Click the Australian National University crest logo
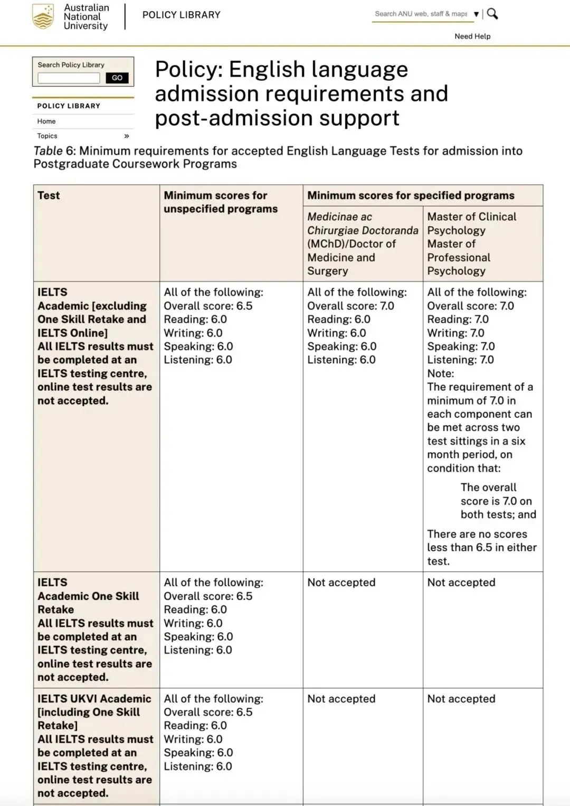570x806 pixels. (43, 16)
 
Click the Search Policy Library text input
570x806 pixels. (69, 78)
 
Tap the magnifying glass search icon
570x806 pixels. (492, 14)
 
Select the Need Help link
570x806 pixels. (472, 36)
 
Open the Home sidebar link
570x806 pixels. (46, 121)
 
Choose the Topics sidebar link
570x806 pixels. (47, 136)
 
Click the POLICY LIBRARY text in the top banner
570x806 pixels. (181, 15)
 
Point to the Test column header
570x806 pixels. (49, 195)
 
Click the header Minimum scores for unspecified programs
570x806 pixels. (220, 202)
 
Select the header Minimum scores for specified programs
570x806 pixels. (411, 195)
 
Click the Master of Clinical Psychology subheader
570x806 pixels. (471, 223)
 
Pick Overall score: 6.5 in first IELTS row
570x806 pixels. (208, 306)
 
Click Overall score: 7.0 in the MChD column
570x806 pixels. (350, 306)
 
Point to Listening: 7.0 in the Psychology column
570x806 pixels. (460, 360)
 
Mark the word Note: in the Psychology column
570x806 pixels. (440, 373)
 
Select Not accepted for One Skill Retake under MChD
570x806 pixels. (341, 583)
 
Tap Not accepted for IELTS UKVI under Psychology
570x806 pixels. (461, 699)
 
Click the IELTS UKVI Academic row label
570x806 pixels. (94, 699)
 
